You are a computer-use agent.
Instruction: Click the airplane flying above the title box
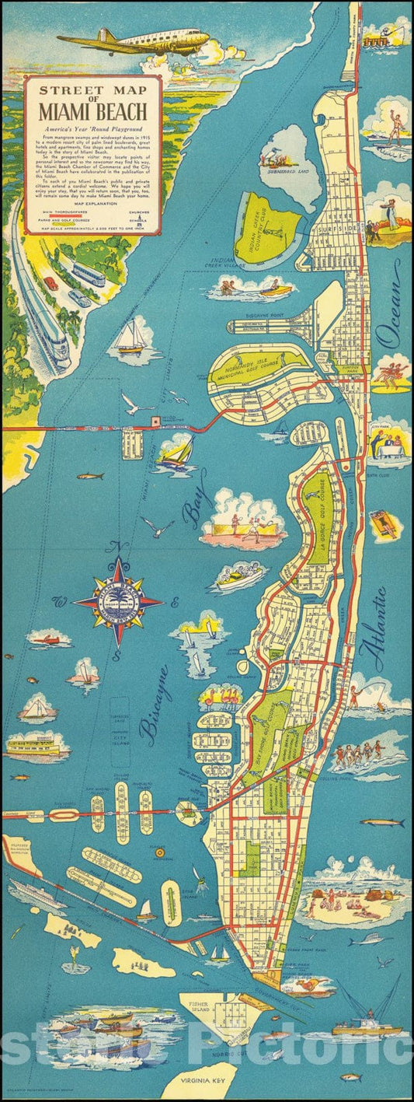(x=136, y=40)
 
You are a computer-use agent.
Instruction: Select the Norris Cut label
(x=245, y=1051)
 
